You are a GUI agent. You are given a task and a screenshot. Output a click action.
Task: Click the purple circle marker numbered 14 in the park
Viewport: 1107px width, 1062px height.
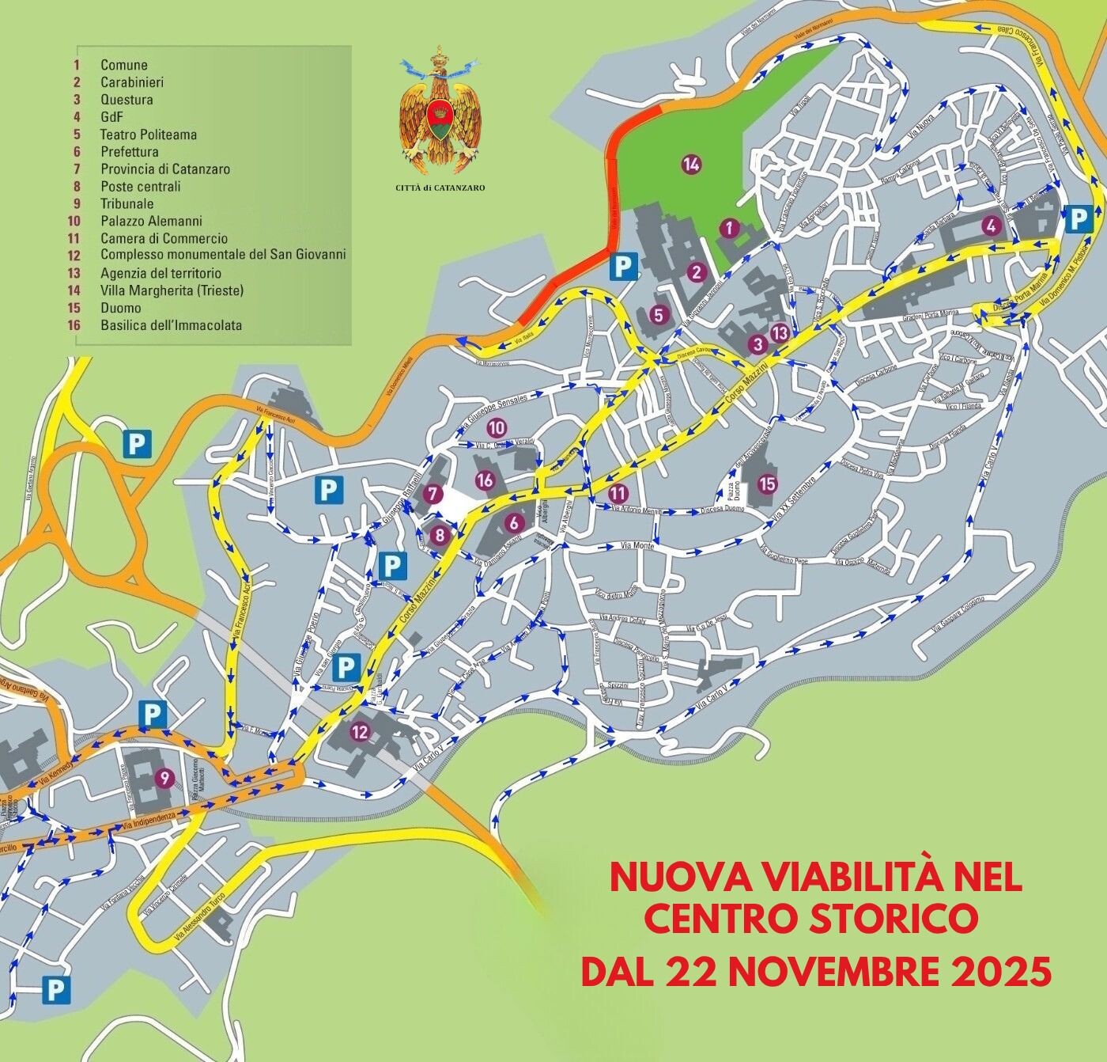(x=691, y=165)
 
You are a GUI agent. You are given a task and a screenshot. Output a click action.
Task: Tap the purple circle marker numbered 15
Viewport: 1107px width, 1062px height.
(x=766, y=483)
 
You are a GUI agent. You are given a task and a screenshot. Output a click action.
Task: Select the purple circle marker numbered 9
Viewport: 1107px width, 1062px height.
(x=164, y=776)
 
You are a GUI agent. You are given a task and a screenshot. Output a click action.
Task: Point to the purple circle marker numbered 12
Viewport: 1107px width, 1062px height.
(x=360, y=733)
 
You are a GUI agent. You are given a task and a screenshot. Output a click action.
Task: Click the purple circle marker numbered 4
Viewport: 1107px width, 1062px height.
(x=988, y=226)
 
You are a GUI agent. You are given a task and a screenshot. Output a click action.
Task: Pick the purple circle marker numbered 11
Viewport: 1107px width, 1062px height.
(x=617, y=492)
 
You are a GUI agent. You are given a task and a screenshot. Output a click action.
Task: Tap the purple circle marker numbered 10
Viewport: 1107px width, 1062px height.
(x=497, y=428)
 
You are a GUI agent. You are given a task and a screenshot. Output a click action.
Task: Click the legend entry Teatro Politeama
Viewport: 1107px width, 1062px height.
(x=148, y=135)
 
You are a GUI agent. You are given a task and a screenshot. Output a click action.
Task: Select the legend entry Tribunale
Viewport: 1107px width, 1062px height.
(x=127, y=203)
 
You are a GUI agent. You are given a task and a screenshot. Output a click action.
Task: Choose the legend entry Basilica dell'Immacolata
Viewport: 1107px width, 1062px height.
(x=171, y=325)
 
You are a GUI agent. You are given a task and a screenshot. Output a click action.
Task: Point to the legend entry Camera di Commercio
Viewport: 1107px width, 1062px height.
(x=164, y=238)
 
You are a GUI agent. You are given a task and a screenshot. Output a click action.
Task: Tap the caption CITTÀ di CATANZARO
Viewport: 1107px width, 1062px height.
(x=440, y=188)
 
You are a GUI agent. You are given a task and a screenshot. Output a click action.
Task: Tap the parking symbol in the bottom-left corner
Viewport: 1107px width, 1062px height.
(x=55, y=988)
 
